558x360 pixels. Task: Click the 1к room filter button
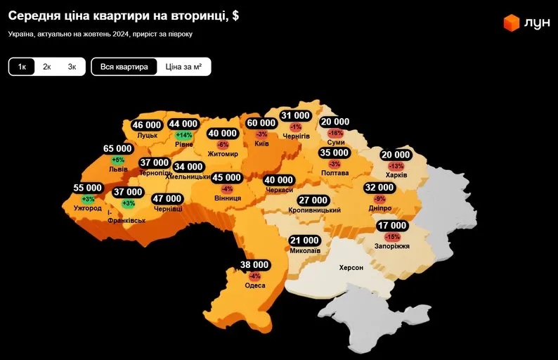(22, 67)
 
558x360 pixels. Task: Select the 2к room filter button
(47, 67)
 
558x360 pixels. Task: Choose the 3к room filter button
(72, 67)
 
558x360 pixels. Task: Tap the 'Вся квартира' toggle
(124, 67)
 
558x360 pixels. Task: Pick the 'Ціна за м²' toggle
(183, 67)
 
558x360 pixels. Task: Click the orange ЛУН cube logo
(511, 23)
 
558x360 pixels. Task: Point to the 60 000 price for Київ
(262, 123)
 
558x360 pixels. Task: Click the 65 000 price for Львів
(117, 148)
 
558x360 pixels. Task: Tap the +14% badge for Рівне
(184, 135)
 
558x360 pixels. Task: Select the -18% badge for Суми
(335, 133)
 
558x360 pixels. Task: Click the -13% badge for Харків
(396, 166)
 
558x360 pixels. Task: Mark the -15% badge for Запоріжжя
(392, 237)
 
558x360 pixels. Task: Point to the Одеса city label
(255, 285)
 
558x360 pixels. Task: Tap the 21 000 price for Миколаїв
(304, 240)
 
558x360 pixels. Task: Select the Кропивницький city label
(314, 210)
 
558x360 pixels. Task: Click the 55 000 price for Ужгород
(88, 188)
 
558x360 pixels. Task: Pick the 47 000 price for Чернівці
(167, 199)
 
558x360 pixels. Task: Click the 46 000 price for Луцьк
(147, 125)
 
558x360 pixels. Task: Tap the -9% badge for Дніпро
(379, 199)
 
